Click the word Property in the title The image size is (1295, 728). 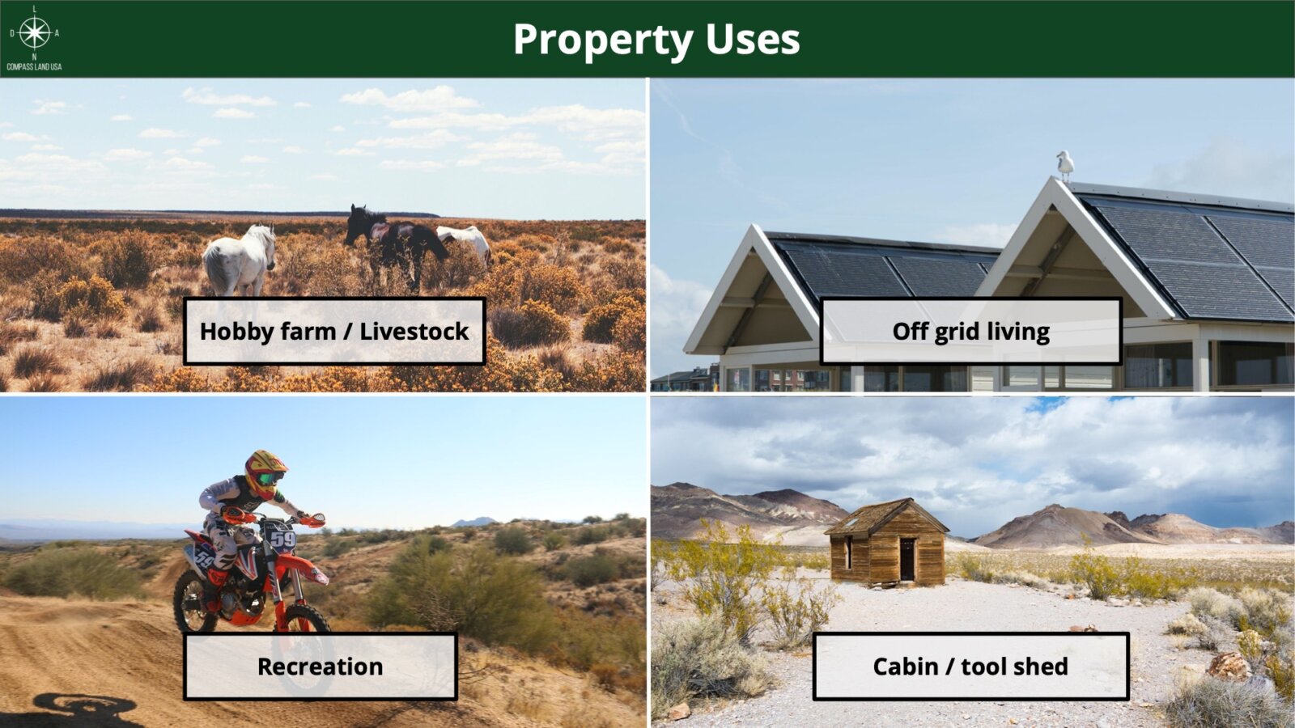(603, 40)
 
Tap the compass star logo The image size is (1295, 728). (35, 33)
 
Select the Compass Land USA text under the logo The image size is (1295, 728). (34, 67)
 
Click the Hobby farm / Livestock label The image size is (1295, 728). (334, 331)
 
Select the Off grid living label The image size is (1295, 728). (971, 331)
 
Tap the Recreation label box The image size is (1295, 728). (321, 667)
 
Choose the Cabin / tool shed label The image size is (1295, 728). (970, 667)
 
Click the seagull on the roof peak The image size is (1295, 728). (1064, 166)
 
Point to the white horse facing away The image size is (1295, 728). (240, 260)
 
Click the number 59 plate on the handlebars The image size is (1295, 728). (282, 540)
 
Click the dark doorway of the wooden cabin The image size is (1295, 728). (907, 559)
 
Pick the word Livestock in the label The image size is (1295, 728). (414, 332)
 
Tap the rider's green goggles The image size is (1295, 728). (268, 479)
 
